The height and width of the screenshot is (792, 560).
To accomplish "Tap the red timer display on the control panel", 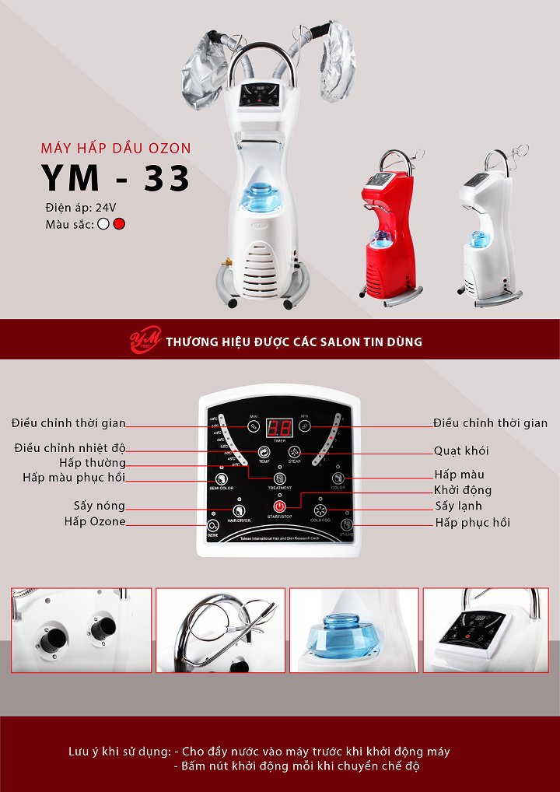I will tap(279, 427).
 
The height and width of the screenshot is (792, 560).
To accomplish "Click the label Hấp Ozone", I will tap(95, 522).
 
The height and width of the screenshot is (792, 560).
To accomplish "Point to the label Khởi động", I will tap(463, 490).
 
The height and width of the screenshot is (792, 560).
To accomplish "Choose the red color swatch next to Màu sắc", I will tap(119, 224).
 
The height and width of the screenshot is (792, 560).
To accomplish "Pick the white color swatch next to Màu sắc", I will tap(103, 224).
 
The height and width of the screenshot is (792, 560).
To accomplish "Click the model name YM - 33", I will tap(116, 177).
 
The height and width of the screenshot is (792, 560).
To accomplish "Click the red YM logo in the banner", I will tap(145, 341).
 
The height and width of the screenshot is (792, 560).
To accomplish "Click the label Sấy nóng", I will tap(100, 506).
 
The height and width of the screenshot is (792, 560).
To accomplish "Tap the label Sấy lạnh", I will tap(458, 506).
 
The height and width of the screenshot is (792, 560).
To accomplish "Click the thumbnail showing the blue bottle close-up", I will tap(354, 630).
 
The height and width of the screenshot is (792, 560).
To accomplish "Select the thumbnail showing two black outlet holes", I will tap(81, 630).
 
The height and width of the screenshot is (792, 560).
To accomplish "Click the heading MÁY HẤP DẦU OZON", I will tap(115, 148).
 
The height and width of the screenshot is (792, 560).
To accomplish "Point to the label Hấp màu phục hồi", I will tap(74, 478).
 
